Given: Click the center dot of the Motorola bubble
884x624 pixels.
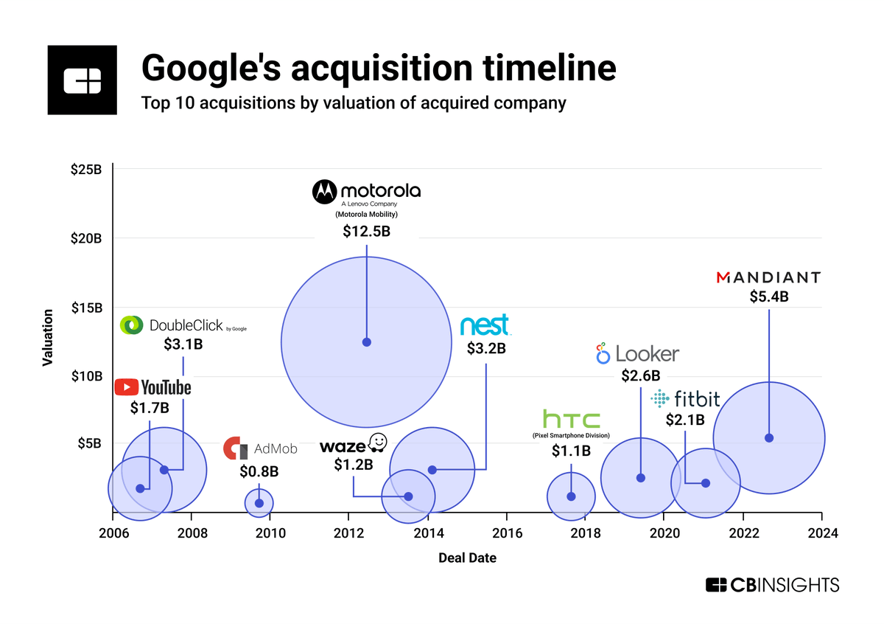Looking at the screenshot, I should (x=366, y=342).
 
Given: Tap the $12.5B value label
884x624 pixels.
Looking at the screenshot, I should (x=366, y=231).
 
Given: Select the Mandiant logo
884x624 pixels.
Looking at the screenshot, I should (x=768, y=277).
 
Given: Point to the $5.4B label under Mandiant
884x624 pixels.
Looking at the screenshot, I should (x=769, y=297).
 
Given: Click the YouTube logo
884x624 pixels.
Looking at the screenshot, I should (x=152, y=387).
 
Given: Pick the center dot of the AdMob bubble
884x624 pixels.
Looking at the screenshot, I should (x=259, y=503).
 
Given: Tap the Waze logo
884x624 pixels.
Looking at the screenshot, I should (x=353, y=444).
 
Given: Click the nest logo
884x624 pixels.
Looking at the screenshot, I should (x=484, y=326).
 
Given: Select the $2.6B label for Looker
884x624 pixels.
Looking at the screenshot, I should (x=640, y=376).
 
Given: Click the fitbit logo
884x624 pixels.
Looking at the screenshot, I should (x=685, y=399).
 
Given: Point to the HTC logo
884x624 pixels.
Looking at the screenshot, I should (x=571, y=420).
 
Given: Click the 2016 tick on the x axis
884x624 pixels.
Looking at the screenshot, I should (x=507, y=533).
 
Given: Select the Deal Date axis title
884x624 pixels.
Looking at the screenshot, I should (x=467, y=558).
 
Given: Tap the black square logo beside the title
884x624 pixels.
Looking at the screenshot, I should (x=82, y=80).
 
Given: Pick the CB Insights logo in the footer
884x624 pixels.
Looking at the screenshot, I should (x=772, y=585).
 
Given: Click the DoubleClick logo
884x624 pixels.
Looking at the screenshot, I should (x=183, y=325).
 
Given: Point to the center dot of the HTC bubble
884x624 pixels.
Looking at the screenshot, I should (x=571, y=496).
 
